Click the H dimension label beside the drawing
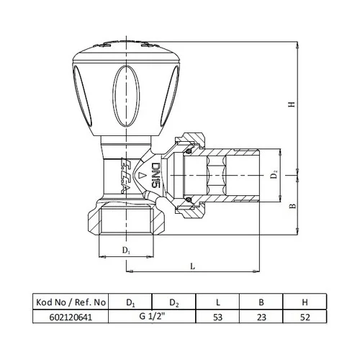[292, 104]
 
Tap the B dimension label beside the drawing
[292, 206]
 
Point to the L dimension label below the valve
[192, 265]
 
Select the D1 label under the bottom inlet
[127, 250]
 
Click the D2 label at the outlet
[274, 175]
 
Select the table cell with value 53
[218, 315]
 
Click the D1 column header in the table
[130, 301]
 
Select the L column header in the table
[218, 301]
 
